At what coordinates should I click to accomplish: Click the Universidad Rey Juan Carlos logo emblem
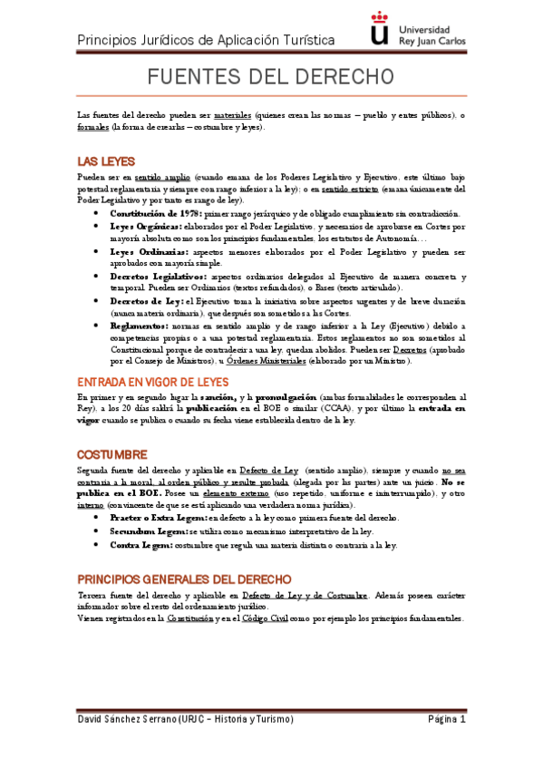[382, 28]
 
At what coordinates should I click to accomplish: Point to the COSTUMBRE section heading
[112, 453]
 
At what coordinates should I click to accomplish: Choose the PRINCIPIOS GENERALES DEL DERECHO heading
[184, 578]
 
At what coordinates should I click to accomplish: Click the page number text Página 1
[446, 719]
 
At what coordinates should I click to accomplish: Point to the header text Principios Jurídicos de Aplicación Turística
[206, 40]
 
